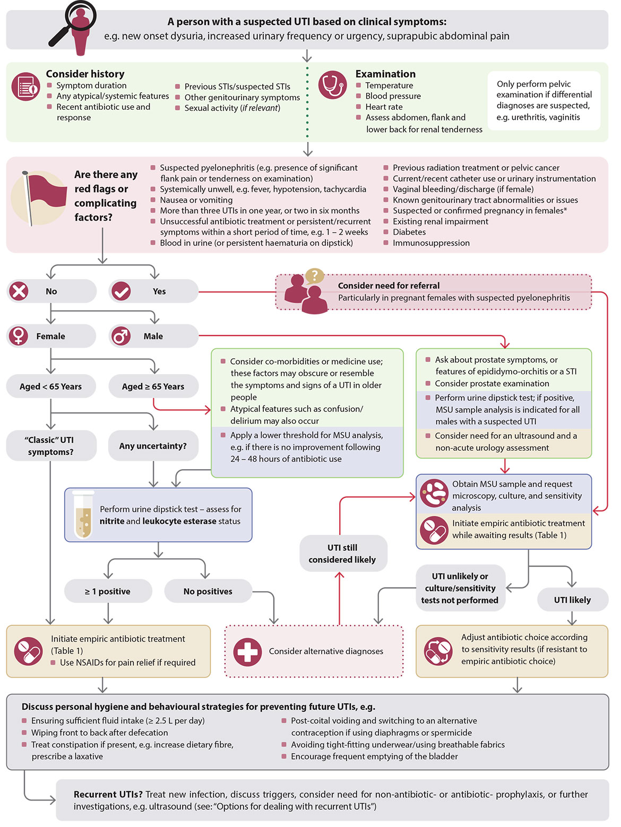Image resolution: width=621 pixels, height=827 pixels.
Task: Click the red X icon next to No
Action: pos(19,291)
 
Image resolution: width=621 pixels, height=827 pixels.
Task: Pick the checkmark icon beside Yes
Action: pos(121,291)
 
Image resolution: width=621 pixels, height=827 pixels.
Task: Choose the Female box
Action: pos(51,336)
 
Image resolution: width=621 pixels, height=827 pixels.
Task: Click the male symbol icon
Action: pos(121,336)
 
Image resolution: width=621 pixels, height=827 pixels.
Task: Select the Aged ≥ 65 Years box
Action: pos(153,386)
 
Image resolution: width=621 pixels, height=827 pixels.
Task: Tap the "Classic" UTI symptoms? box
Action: pos(51,445)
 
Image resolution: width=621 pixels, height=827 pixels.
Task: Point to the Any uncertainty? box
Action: pos(153,446)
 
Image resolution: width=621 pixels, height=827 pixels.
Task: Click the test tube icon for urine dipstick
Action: pos(83,514)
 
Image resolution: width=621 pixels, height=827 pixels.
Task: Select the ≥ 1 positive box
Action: pos(108,591)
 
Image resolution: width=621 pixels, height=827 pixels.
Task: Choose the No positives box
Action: pos(208,591)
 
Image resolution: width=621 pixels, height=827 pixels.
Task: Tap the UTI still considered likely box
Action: pos(342,553)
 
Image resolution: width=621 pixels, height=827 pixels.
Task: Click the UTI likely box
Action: pos(572,600)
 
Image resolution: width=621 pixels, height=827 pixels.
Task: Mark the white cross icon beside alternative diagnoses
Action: pos(247,652)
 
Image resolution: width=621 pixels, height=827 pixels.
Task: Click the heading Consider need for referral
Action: pos(389,285)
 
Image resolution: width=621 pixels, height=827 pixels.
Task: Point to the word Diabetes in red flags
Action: pos(409,232)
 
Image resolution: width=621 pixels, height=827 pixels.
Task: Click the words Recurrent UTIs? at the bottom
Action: pos(108,794)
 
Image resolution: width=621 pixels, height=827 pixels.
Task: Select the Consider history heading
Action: pos(85,74)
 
